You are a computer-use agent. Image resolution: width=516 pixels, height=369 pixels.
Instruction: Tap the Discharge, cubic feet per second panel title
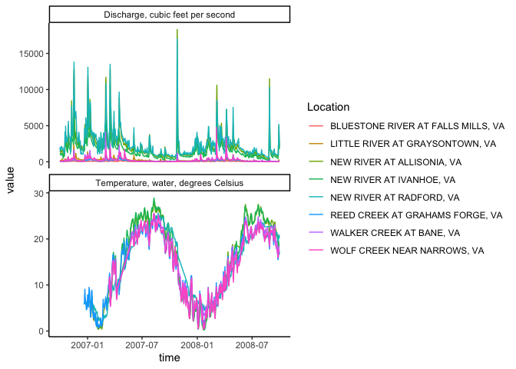click(169, 15)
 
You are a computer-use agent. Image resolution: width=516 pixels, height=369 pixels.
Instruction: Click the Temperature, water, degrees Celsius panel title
click(169, 183)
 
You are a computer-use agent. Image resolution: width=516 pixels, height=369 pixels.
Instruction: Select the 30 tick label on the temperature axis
click(36, 193)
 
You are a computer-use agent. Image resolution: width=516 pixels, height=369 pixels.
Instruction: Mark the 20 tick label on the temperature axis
click(36, 239)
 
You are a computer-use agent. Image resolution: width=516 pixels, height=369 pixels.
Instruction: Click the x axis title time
click(169, 358)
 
